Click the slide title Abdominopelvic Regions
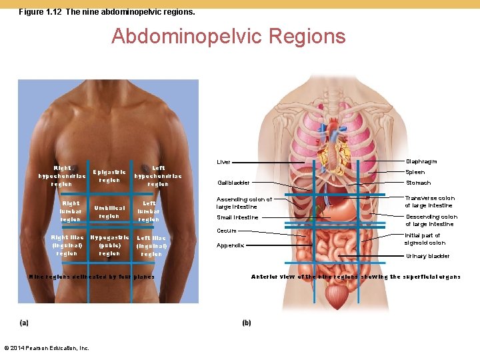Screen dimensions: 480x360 coord(229,35)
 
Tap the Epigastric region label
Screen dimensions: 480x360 coord(109,176)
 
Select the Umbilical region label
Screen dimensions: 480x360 coord(109,212)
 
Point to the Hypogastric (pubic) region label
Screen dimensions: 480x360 coord(109,245)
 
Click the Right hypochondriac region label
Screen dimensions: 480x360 coord(62,176)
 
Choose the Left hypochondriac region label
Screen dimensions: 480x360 coord(158,176)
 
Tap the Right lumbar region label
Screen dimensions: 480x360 coord(70,211)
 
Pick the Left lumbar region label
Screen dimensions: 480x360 coord(149,211)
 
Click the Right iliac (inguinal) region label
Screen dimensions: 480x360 coord(67,245)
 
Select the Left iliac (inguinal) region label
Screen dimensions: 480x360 coord(151,246)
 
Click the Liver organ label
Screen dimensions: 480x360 coord(223,162)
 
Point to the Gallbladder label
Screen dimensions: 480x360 coord(233,183)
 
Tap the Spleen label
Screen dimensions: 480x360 coord(415,172)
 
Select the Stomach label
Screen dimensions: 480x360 coord(418,183)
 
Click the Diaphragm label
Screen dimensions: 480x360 coord(421,161)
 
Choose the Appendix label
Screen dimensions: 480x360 coord(230,245)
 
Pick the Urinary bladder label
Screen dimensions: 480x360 coord(427,256)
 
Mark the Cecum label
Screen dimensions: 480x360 coord(227,231)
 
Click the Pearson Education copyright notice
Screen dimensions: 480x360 coord(47,348)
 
